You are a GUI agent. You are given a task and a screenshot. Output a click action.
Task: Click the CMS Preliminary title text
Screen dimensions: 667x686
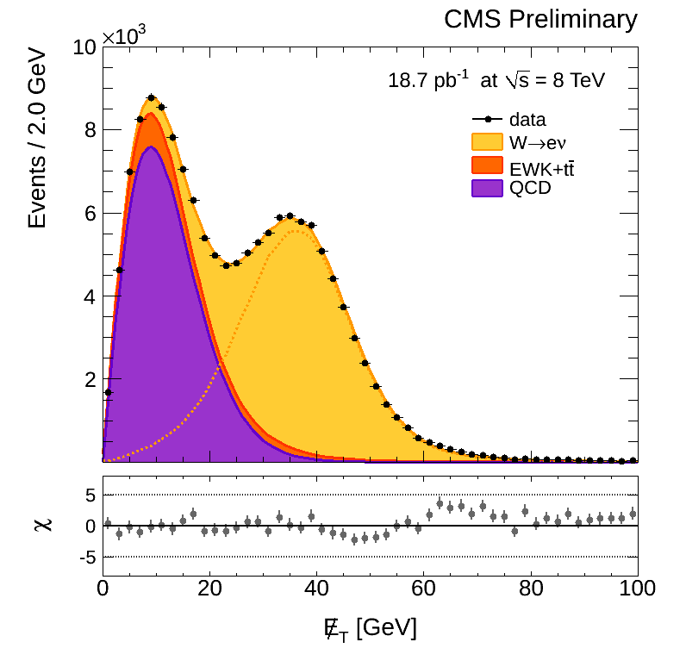pos(540,18)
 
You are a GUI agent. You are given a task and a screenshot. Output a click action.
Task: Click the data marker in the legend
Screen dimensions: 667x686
pos(488,119)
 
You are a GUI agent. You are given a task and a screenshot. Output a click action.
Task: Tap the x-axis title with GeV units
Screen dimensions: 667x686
pos(370,628)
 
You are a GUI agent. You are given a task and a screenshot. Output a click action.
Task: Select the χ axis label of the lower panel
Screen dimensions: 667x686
pos(42,524)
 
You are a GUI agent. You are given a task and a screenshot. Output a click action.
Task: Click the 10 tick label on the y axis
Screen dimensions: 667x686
pos(84,47)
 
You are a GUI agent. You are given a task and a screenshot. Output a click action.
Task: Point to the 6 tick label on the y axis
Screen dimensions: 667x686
pos(89,213)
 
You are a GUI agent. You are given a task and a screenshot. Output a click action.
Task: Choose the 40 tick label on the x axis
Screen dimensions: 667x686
pos(316,590)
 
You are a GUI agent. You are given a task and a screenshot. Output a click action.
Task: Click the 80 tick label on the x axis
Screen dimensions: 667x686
pos(531,590)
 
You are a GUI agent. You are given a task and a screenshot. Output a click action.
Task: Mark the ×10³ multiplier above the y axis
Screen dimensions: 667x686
pos(125,35)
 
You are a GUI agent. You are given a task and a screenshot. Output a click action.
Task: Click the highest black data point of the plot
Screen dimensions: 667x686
pos(151,98)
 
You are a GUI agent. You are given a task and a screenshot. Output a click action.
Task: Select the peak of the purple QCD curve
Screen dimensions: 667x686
pos(151,146)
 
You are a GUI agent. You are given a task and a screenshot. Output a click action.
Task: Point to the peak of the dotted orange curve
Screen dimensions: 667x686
pos(296,230)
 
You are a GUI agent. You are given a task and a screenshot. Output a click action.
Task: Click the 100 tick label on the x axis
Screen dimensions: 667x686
pos(637,590)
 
